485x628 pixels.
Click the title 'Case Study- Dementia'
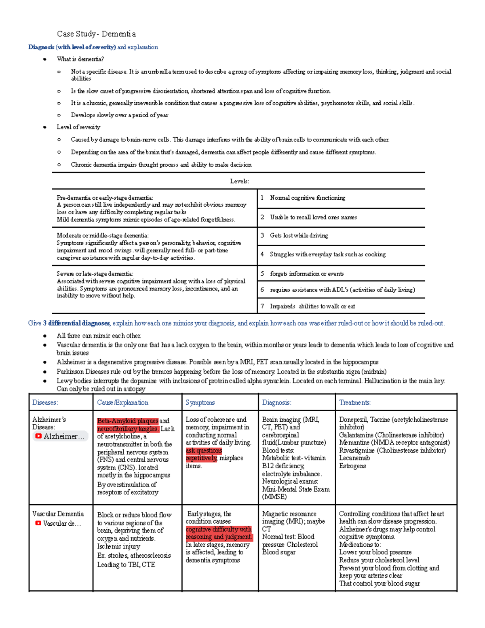(x=96, y=34)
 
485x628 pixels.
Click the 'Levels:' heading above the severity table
(x=239, y=181)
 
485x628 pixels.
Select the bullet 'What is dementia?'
(x=80, y=59)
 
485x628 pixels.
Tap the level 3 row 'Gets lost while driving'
(x=299, y=235)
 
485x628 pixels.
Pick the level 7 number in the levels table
(x=262, y=306)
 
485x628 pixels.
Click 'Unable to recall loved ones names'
(x=313, y=217)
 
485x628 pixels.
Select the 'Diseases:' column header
(x=45, y=402)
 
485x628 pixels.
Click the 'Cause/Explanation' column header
(x=122, y=402)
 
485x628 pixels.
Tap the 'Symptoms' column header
(x=200, y=402)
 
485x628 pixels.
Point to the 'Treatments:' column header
(x=355, y=402)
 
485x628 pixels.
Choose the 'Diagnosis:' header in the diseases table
(x=276, y=402)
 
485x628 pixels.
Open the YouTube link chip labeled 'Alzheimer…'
(x=60, y=436)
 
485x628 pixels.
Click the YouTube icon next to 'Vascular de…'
(x=38, y=523)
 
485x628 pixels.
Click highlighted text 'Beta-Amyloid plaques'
(x=127, y=421)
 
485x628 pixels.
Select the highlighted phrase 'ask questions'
(x=204, y=450)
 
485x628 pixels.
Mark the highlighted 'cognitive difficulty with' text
(x=218, y=529)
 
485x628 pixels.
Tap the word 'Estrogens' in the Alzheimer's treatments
(x=352, y=466)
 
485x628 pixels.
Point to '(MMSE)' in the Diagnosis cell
(x=274, y=497)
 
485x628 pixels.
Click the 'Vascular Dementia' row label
(x=58, y=514)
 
